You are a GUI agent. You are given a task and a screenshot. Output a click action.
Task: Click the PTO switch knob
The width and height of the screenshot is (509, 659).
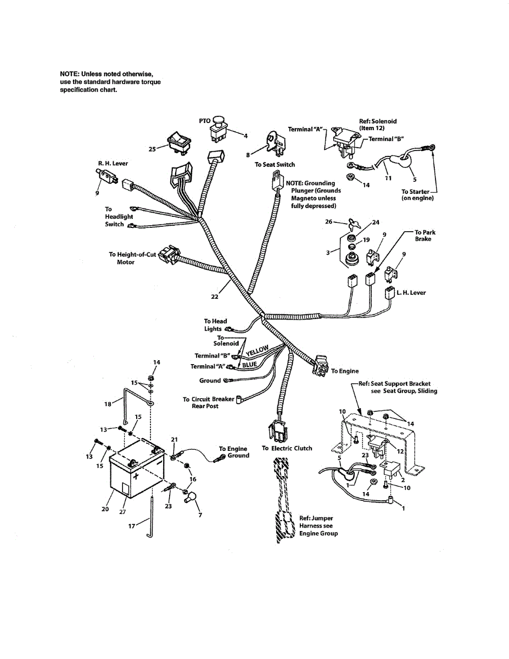point(218,120)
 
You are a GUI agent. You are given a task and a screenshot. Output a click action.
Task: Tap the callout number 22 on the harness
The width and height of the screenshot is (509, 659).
point(214,297)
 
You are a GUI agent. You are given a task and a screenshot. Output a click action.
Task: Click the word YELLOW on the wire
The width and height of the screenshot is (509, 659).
point(257,350)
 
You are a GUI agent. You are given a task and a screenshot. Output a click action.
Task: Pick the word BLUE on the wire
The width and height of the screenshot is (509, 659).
point(249,364)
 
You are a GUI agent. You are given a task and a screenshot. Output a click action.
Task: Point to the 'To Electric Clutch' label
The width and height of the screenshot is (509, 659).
point(287,448)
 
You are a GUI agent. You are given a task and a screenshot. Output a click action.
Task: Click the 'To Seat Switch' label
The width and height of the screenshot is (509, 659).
point(275,164)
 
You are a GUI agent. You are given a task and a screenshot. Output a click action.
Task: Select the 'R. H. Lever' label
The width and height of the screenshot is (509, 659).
point(113,163)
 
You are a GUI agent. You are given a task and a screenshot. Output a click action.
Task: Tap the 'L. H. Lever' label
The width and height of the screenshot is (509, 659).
point(411,293)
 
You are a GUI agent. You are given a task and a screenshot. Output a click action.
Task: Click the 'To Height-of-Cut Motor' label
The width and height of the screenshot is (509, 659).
point(130,258)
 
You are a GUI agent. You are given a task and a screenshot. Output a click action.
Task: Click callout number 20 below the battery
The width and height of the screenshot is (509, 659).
point(105,509)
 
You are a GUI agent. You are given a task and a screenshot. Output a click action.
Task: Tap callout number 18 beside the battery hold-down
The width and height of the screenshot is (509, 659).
point(107,403)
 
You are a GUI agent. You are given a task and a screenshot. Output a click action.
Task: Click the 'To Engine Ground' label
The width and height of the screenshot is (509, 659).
point(234,452)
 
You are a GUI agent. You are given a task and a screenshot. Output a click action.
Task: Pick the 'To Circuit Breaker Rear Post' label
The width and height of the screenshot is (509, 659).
point(208,403)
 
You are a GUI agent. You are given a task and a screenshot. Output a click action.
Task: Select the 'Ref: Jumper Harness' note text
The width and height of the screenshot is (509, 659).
point(318,526)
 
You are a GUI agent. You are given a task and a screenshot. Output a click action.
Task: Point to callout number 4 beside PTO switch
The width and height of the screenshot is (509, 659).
point(245,135)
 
